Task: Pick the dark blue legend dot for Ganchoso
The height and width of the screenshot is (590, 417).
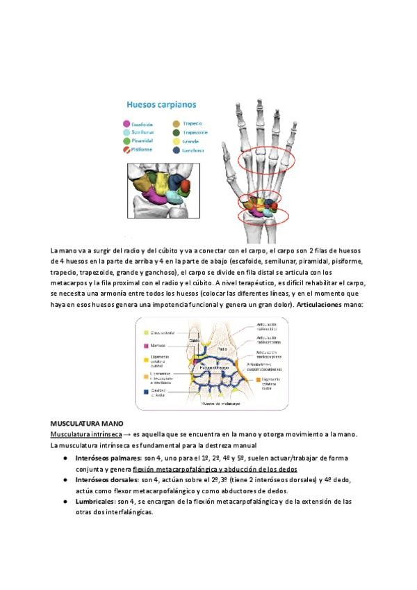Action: click(176, 149)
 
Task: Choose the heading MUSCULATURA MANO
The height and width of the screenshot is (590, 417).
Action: click(87, 423)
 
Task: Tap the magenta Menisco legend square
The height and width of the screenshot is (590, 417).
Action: click(145, 344)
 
